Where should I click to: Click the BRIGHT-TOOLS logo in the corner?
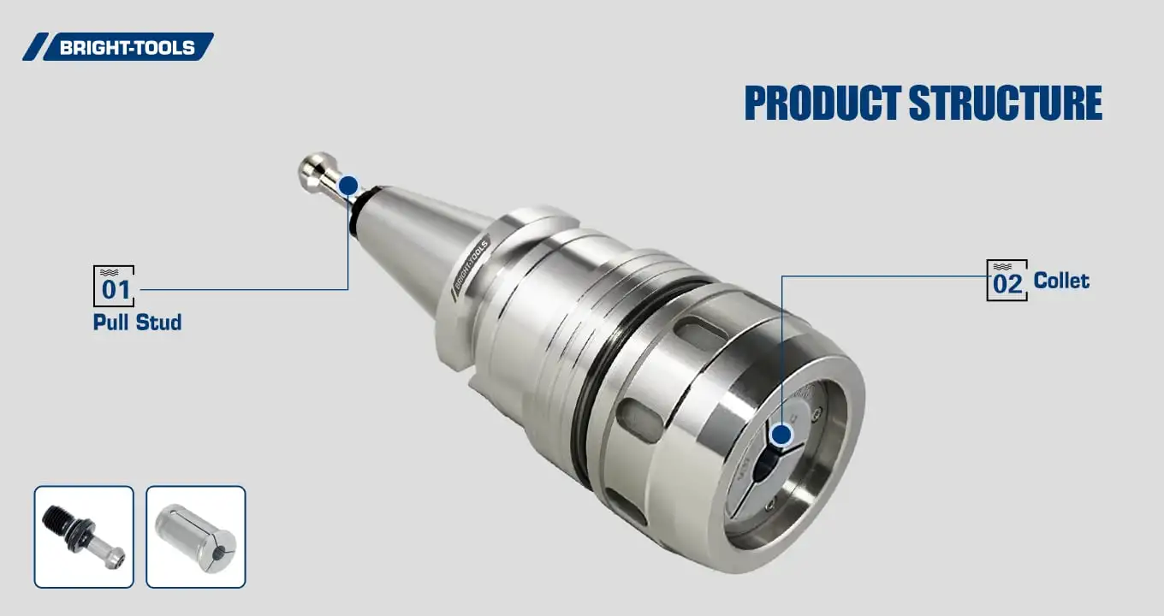click(118, 47)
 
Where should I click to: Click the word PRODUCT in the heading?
click(822, 103)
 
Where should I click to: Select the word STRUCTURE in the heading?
click(1005, 103)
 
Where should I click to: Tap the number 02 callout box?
click(1007, 281)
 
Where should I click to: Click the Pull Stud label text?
click(137, 323)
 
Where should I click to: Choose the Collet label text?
click(1061, 281)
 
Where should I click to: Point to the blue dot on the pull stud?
click(348, 186)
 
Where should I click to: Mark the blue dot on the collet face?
click(781, 435)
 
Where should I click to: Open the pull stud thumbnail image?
click(84, 536)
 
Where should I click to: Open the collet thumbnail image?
click(196, 536)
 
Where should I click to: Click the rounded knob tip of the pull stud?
click(314, 167)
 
